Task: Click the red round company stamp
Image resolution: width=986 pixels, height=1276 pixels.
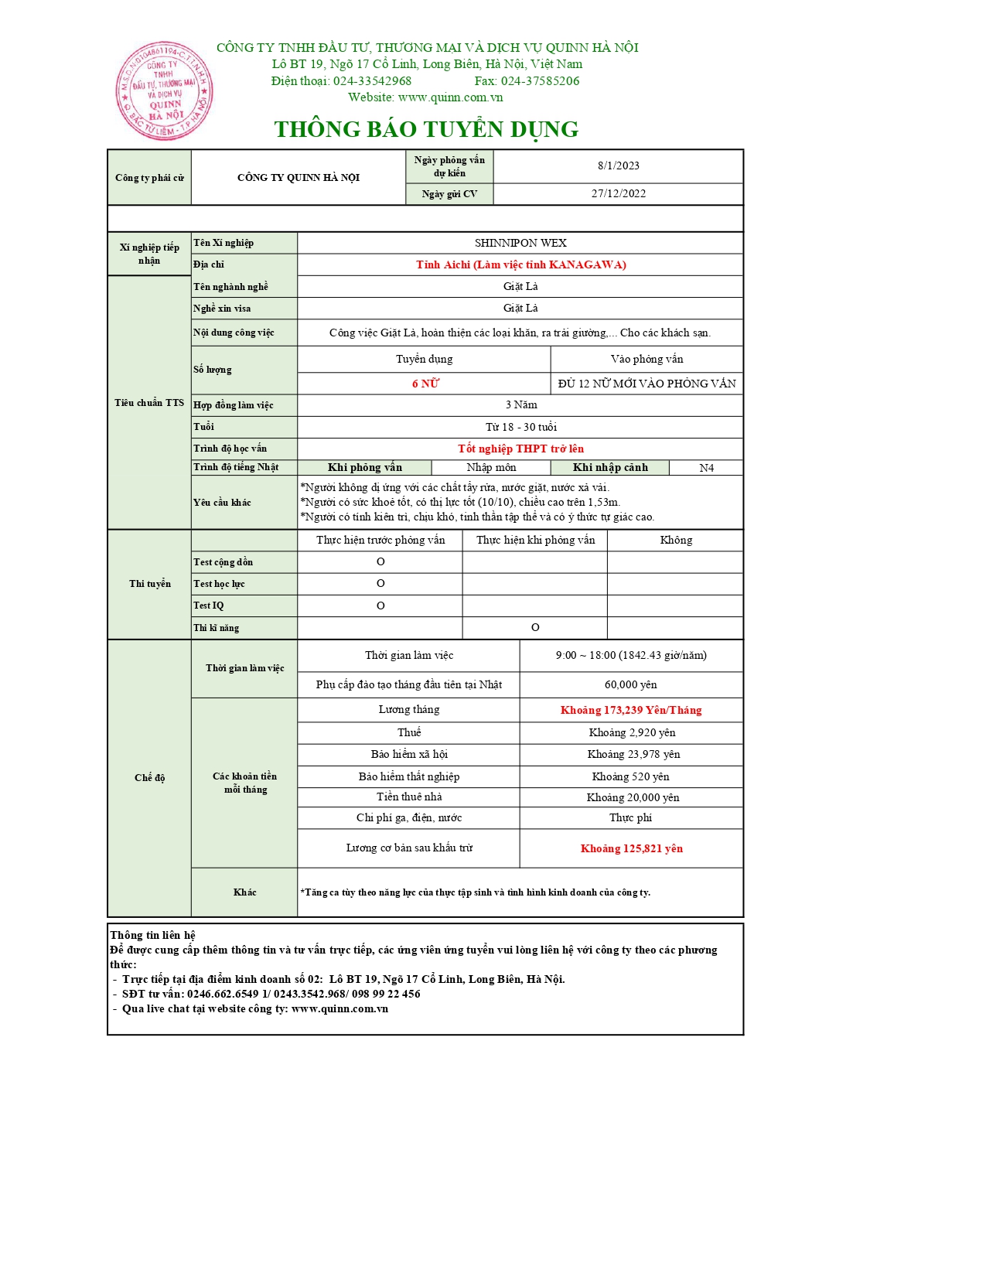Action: pyautogui.click(x=164, y=91)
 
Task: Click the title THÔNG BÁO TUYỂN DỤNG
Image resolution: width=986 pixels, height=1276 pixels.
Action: pyautogui.click(x=426, y=129)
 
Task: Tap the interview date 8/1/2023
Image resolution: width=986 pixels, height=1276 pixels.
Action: pyautogui.click(x=618, y=165)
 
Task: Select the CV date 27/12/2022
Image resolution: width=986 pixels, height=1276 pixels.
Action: pyautogui.click(x=618, y=193)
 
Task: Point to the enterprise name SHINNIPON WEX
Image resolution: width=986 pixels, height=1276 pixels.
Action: pyautogui.click(x=520, y=243)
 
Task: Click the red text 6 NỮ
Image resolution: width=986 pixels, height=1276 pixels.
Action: pyautogui.click(x=425, y=384)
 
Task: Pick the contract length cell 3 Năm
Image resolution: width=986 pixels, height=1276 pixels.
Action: pyautogui.click(x=520, y=404)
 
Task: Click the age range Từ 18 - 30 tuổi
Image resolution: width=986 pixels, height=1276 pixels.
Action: pyautogui.click(x=520, y=427)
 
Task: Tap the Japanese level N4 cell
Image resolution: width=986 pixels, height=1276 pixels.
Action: pyautogui.click(x=706, y=468)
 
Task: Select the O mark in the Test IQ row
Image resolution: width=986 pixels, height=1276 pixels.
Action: pyautogui.click(x=380, y=606)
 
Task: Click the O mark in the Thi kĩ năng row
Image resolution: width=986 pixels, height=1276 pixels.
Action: pyautogui.click(x=535, y=627)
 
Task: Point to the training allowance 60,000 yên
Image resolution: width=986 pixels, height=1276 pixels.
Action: pyautogui.click(x=631, y=684)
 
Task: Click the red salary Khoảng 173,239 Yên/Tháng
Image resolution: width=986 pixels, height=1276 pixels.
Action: pyautogui.click(x=631, y=710)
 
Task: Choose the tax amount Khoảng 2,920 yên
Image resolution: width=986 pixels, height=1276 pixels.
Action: pyautogui.click(x=631, y=732)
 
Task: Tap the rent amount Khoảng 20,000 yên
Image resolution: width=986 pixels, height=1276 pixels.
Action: pyautogui.click(x=632, y=797)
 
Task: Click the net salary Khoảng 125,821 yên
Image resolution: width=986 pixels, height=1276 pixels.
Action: pyautogui.click(x=631, y=848)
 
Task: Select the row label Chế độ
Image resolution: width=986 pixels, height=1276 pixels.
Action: pyautogui.click(x=149, y=778)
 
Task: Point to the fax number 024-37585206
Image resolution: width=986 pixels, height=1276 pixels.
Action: pyautogui.click(x=540, y=81)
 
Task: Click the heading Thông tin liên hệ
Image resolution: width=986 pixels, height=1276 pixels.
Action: pyautogui.click(x=153, y=935)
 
